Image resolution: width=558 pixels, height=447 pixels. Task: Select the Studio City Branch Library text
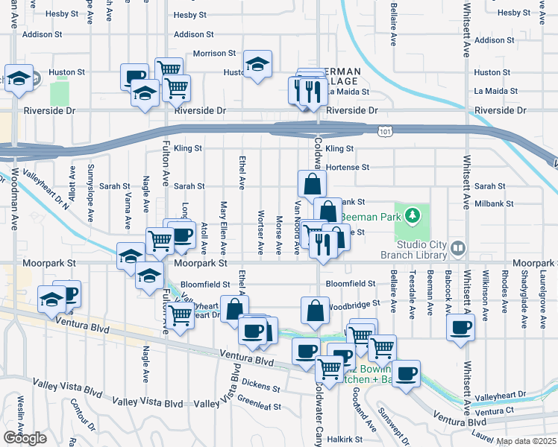[x=421, y=253]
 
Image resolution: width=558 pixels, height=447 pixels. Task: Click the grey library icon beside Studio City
[x=459, y=247]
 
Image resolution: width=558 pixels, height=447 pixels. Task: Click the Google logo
[x=25, y=438]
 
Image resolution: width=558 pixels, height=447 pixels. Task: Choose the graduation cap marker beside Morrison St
[x=257, y=66]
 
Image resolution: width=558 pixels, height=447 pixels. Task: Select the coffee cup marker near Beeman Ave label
[x=461, y=326]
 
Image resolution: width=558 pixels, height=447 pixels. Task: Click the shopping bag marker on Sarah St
[x=312, y=183]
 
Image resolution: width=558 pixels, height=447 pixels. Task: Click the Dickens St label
[x=260, y=388]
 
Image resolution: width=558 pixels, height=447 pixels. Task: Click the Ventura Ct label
[x=495, y=411]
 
